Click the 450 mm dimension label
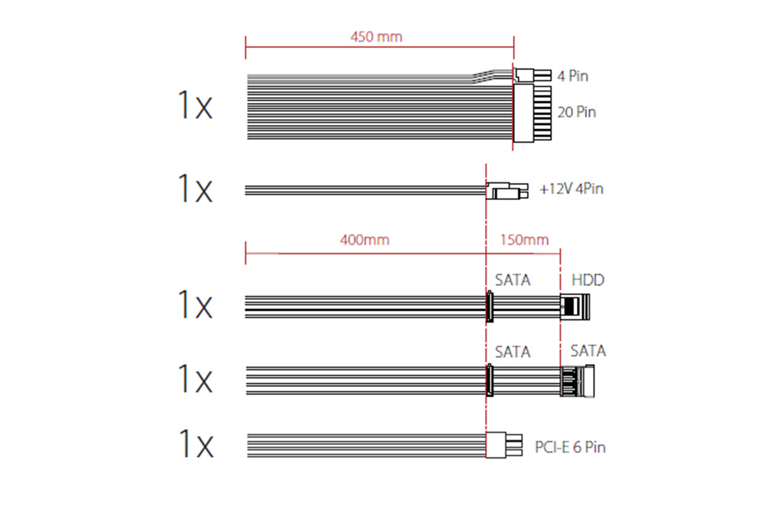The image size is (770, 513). [x=376, y=37]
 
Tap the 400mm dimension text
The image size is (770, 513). [x=364, y=240]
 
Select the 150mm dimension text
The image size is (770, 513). [x=524, y=240]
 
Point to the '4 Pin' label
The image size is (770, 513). [x=573, y=76]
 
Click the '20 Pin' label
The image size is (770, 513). [x=576, y=112]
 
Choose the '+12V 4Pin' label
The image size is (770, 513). [x=571, y=189]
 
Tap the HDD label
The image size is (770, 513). [x=587, y=280]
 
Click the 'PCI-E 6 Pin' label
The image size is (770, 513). [x=570, y=447]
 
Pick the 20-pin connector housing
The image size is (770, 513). [x=532, y=113]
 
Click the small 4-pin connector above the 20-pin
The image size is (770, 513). [x=532, y=75]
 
